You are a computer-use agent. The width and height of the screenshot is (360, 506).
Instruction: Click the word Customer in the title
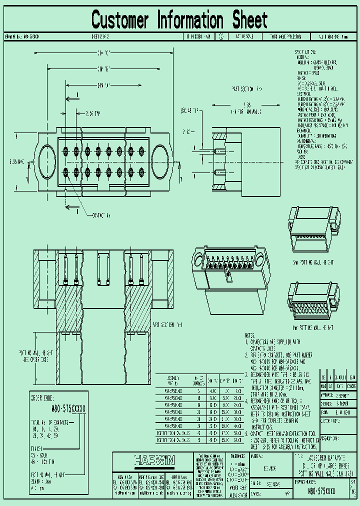point(120,20)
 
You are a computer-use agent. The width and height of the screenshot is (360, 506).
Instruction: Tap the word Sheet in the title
point(249,20)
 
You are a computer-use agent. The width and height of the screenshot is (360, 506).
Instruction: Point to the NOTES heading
point(252,335)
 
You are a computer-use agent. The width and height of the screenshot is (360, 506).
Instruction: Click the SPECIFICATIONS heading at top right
point(306,51)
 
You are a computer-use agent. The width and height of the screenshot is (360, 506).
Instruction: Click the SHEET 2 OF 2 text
point(100,37)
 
